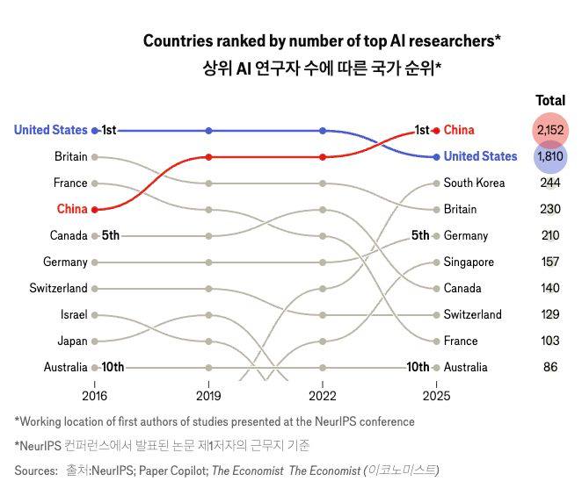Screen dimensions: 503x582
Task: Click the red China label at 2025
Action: pyautogui.click(x=459, y=130)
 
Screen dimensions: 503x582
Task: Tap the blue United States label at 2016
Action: pyautogui.click(x=50, y=130)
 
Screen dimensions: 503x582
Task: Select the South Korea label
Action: pyautogui.click(x=474, y=183)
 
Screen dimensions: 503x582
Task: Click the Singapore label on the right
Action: pyautogui.click(x=469, y=262)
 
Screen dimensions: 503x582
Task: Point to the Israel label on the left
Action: pyautogui.click(x=73, y=314)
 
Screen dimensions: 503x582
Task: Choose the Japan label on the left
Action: pyautogui.click(x=72, y=341)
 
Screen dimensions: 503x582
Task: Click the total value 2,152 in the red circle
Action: pyautogui.click(x=550, y=130)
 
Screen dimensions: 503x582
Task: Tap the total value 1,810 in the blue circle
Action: pyautogui.click(x=550, y=156)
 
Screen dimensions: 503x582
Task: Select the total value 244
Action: pyautogui.click(x=550, y=183)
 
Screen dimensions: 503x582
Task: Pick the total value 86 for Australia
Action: pyautogui.click(x=550, y=367)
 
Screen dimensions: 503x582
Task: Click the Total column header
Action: pyautogui.click(x=550, y=100)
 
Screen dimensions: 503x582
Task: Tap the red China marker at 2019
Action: pyautogui.click(x=208, y=157)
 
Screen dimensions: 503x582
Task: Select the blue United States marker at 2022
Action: pyautogui.click(x=323, y=130)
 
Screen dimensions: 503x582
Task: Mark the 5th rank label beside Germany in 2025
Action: pyautogui.click(x=420, y=235)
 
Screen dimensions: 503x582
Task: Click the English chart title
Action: pyautogui.click(x=322, y=40)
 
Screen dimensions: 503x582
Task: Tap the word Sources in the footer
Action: pyautogui.click(x=36, y=471)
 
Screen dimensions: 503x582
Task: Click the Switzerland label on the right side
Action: pyautogui.click(x=473, y=314)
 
